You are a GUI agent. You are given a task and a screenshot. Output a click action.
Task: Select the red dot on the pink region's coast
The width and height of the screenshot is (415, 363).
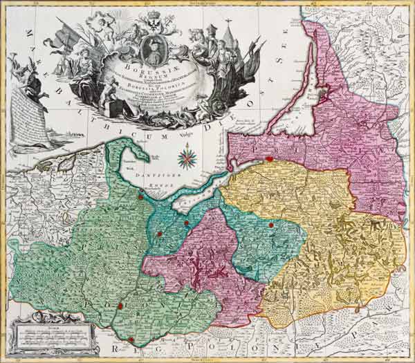point(268,159)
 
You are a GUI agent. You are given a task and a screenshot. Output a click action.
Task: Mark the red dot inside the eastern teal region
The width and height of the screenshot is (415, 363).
point(271,225)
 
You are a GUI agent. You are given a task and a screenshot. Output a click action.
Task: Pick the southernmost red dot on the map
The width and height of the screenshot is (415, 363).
point(131,339)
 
